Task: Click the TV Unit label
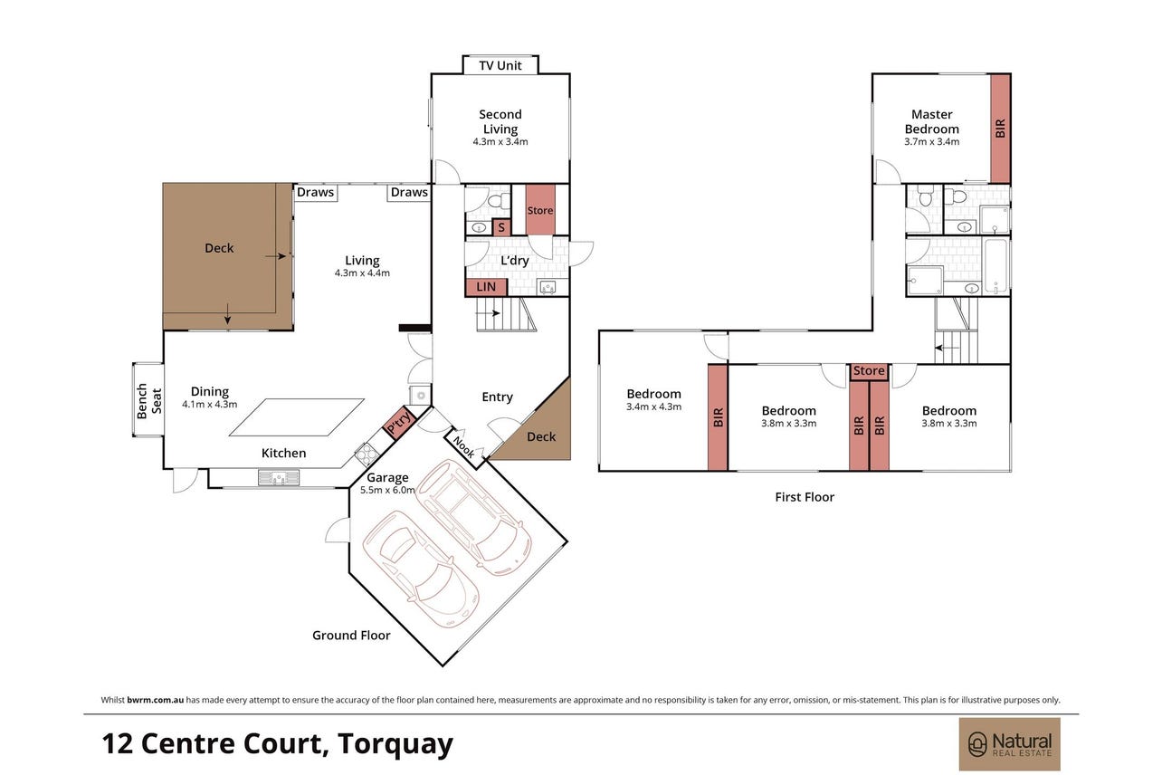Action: point(500,65)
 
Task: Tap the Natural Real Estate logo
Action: point(1009,744)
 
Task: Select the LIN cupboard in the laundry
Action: point(486,287)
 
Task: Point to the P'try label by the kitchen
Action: point(399,423)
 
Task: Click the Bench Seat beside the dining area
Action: point(148,399)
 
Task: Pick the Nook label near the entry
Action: point(463,447)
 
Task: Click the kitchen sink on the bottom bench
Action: point(279,477)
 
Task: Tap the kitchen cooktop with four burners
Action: point(367,454)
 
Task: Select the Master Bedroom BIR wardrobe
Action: point(1001,129)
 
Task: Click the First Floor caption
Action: point(805,497)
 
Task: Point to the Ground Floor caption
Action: point(351,636)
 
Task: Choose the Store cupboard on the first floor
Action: point(869,371)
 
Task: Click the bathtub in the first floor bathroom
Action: point(995,267)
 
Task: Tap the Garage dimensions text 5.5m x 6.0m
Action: point(387,490)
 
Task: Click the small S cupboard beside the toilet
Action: point(501,227)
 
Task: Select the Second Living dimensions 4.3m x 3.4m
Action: point(500,142)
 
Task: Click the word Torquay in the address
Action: point(395,744)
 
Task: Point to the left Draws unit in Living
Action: point(316,192)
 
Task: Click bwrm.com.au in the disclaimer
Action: point(155,700)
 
